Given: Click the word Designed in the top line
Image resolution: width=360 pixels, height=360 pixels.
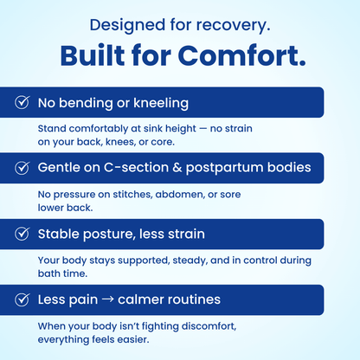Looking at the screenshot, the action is [127, 25].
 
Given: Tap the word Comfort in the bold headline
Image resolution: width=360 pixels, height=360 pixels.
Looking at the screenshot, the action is [241, 55].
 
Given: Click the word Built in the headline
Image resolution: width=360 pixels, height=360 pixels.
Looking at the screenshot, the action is [93, 55].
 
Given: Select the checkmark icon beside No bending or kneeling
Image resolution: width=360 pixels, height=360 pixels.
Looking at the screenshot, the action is [22, 102].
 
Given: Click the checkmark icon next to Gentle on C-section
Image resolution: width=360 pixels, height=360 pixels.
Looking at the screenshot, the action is [22, 168].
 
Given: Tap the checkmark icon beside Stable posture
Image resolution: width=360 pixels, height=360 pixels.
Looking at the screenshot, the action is [22, 234].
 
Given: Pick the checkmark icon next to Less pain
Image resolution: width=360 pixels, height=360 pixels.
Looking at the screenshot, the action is [22, 299].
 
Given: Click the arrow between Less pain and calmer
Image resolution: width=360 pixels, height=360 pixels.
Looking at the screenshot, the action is [108, 299].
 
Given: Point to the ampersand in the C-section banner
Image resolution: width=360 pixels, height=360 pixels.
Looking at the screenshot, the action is [177, 168].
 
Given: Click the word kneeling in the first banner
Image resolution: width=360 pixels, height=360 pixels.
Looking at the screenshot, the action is [161, 104].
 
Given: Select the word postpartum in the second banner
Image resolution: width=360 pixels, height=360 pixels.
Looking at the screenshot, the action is [225, 168].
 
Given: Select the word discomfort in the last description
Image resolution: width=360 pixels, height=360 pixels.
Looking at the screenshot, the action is [209, 326].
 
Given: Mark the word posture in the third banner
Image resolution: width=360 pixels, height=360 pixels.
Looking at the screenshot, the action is [109, 235].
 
